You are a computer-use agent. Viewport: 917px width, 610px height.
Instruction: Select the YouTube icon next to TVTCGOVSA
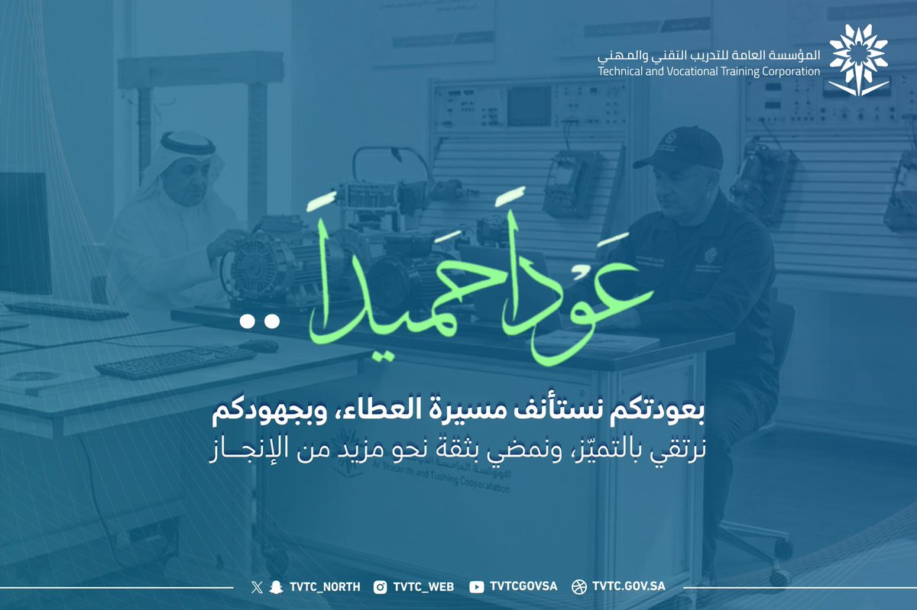point(477,586)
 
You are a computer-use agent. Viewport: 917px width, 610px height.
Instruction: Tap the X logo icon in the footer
point(256,586)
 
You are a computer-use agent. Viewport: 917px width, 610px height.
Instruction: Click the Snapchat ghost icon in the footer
point(273,586)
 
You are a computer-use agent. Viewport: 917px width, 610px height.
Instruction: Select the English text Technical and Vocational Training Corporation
point(709,71)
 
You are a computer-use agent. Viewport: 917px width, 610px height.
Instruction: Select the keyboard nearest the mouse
point(176,362)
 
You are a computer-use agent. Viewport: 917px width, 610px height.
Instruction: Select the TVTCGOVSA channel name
point(523,586)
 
